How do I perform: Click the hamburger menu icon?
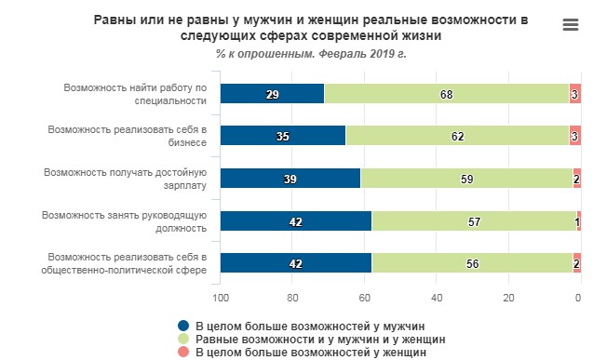point(571,25)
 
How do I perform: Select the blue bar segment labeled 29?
point(273,94)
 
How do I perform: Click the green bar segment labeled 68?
point(447,94)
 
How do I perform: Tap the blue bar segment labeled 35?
point(283,137)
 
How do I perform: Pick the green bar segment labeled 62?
point(457,137)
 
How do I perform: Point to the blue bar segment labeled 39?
point(290,179)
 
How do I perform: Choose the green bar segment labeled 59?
point(466,179)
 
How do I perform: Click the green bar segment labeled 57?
point(474,221)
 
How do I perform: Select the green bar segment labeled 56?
point(472,263)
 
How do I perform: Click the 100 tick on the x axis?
point(222,298)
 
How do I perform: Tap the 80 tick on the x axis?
point(293,298)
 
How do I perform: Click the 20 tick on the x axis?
point(508,298)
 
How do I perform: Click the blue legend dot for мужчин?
point(182,326)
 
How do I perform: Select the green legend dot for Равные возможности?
point(182,340)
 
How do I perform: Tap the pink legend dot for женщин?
point(182,353)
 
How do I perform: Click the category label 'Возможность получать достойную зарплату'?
point(125,179)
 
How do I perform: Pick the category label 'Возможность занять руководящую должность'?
point(125,221)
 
